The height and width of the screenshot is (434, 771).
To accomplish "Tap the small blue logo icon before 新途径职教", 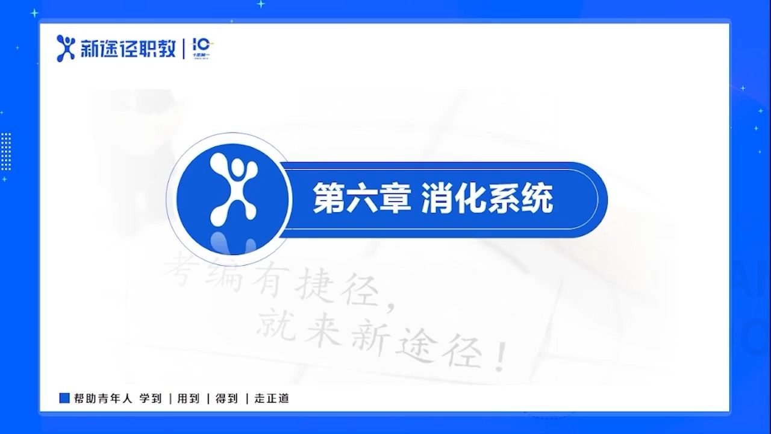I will tap(66, 48).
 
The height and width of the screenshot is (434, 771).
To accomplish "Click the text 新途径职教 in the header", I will tap(128, 49).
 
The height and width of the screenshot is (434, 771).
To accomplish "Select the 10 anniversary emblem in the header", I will tap(202, 47).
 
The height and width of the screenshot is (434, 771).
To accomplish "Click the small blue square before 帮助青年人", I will tap(64, 398).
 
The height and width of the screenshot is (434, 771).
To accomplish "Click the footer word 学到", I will tap(151, 398).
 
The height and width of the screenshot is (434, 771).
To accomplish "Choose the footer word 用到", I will tap(188, 398).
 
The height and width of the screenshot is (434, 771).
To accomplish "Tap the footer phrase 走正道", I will tap(272, 398).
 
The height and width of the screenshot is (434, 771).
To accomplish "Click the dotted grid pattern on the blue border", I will tap(6, 151).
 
